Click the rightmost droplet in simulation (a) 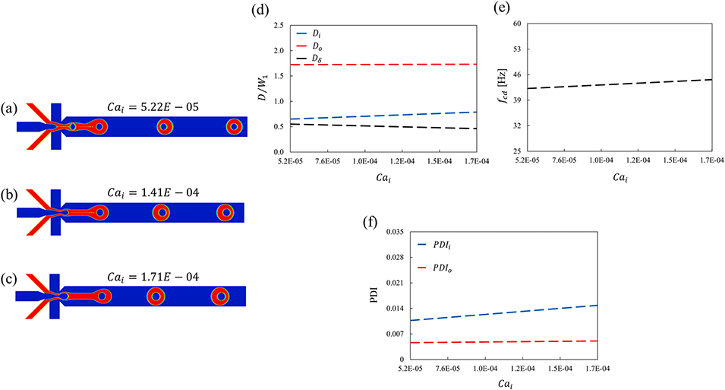[x=234, y=126]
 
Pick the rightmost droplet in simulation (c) [x=220, y=296]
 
